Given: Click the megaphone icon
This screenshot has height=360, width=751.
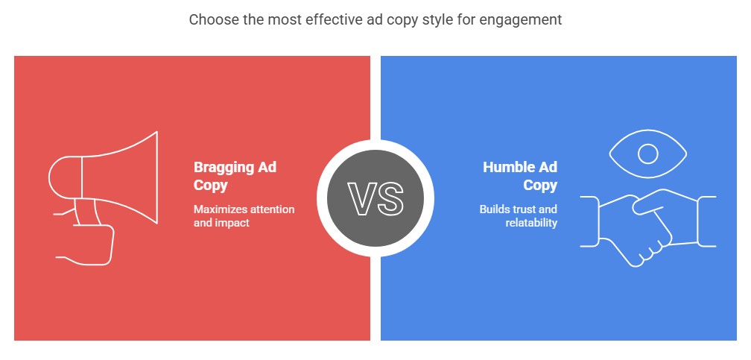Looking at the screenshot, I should [104, 186].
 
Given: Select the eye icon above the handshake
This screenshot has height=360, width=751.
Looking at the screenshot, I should [647, 154].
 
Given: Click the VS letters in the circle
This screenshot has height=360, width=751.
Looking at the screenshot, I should [375, 198].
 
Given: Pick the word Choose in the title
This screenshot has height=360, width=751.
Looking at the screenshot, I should [210, 20].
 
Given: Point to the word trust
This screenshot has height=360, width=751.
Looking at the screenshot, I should [525, 209].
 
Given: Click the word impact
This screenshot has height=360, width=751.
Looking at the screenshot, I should [232, 223].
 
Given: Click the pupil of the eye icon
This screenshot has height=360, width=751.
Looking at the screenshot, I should [647, 154].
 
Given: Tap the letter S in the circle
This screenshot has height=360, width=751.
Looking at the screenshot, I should [390, 198].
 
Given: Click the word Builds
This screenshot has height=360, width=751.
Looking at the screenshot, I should [495, 209].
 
